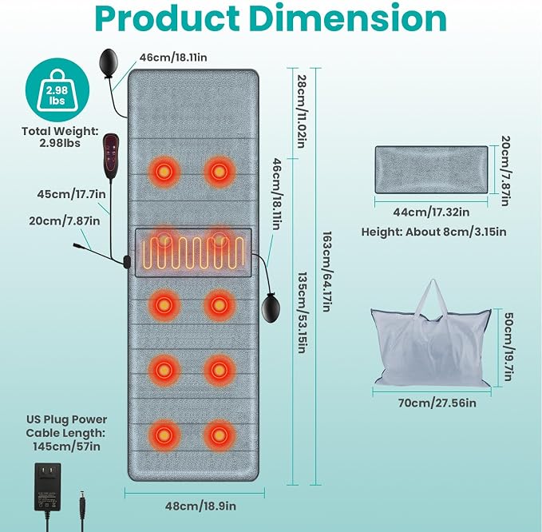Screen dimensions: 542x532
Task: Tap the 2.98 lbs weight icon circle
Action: (57, 90)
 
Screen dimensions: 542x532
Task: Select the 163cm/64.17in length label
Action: (326, 272)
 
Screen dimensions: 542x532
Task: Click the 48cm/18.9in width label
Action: (200, 506)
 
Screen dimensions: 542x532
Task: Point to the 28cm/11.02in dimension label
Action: (302, 112)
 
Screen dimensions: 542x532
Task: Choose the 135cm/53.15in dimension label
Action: (302, 312)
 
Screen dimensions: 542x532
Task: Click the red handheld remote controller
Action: (111, 157)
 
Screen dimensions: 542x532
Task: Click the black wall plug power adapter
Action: (48, 486)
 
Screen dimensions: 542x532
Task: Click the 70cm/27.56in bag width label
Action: (437, 403)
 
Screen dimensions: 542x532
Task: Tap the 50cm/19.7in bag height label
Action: (508, 347)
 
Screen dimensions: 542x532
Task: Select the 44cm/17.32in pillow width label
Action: (431, 212)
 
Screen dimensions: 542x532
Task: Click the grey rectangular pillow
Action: (431, 169)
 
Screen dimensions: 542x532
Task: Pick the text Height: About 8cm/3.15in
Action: (433, 232)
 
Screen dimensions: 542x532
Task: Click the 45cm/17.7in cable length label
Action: (71, 194)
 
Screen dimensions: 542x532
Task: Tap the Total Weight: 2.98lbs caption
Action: (60, 137)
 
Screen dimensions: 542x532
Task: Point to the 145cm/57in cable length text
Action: (67, 447)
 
